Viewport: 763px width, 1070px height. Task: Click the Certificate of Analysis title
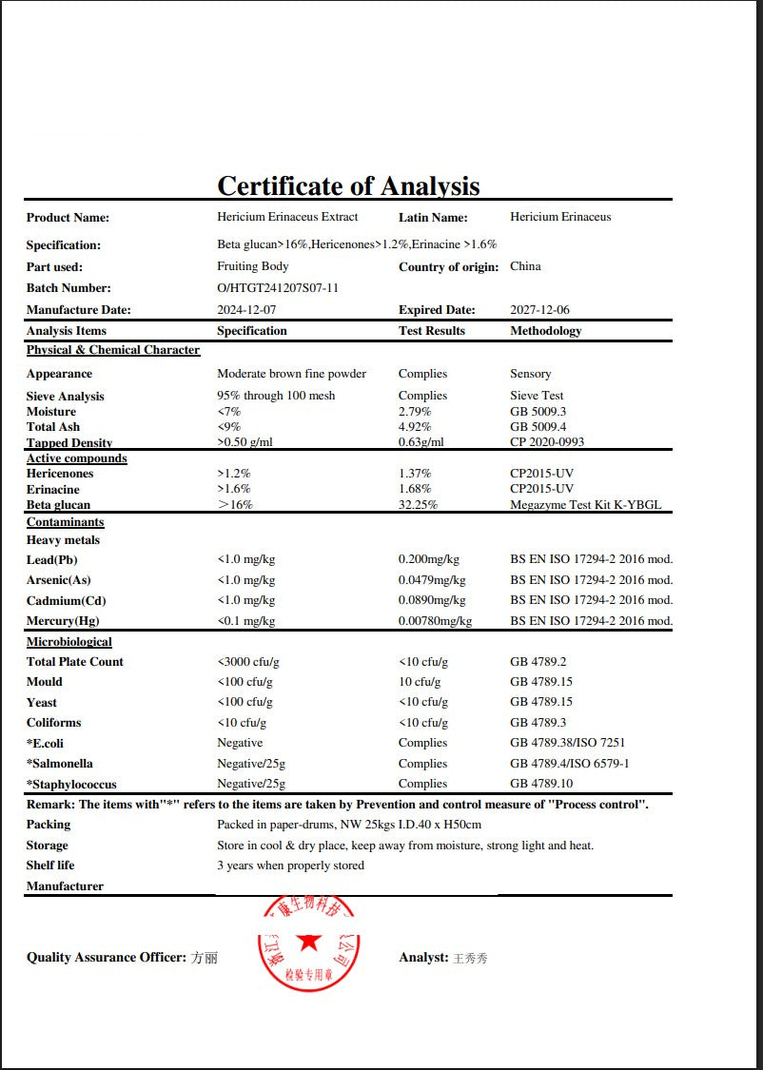[348, 185]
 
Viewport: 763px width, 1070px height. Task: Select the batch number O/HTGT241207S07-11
[278, 287]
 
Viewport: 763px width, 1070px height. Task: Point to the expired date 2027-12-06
[539, 309]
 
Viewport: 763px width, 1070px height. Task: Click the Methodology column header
[545, 331]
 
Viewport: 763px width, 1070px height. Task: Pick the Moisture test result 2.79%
[415, 412]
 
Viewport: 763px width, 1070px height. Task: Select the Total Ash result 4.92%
[415, 427]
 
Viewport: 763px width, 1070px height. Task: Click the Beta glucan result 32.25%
[418, 505]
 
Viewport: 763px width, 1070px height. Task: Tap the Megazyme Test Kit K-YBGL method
[585, 505]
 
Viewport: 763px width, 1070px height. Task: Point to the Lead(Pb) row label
[52, 560]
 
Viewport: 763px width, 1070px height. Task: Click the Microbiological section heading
[68, 642]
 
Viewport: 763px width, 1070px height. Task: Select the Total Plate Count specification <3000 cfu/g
[248, 662]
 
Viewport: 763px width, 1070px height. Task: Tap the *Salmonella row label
[60, 764]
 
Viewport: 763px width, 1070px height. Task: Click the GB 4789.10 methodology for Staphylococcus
[541, 784]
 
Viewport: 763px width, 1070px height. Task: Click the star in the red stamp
[308, 942]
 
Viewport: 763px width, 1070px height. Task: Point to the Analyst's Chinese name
[470, 958]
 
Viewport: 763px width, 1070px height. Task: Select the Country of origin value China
[525, 266]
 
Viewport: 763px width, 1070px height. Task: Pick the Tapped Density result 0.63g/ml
[421, 442]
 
